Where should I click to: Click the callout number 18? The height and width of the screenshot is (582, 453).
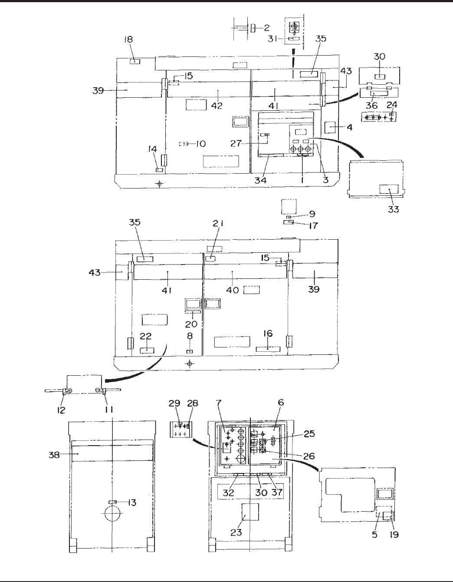click(x=128, y=40)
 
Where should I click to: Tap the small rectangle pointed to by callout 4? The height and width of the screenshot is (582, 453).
click(x=330, y=127)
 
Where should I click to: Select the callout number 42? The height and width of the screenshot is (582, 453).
click(x=217, y=106)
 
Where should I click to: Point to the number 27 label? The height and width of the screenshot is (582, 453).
click(x=236, y=144)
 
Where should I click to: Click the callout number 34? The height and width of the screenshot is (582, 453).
click(x=261, y=180)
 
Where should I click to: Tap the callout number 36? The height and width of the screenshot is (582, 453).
click(x=372, y=106)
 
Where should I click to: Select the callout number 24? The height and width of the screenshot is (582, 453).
click(x=392, y=105)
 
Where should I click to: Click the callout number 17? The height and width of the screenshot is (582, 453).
click(x=313, y=226)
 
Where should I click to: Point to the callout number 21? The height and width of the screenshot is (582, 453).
click(x=218, y=223)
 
